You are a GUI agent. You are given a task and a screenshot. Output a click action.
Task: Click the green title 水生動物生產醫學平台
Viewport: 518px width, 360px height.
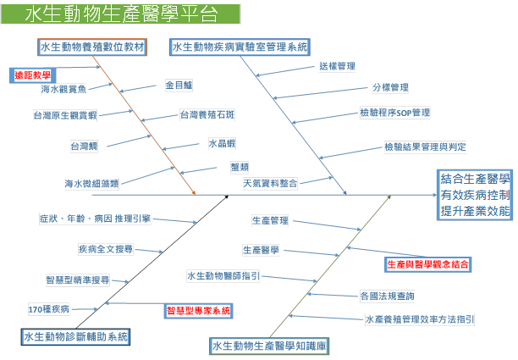[x=120, y=14]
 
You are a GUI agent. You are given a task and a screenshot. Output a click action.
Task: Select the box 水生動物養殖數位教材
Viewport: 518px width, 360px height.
[x=93, y=47]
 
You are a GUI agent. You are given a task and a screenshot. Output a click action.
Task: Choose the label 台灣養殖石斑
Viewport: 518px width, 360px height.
[x=207, y=114]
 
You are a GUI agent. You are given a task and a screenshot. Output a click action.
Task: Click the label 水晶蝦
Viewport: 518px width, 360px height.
[x=222, y=144]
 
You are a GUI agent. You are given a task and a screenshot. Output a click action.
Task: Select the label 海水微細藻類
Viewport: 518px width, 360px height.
[x=91, y=182]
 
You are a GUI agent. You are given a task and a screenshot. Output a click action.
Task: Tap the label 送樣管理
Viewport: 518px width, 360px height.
[x=337, y=65]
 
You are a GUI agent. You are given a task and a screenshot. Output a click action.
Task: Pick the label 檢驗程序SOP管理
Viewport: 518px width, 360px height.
[x=395, y=113]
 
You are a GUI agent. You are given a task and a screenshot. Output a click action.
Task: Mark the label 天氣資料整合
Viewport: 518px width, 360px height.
[x=271, y=182]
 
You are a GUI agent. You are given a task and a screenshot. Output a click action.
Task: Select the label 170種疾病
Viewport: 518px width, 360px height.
[x=49, y=309]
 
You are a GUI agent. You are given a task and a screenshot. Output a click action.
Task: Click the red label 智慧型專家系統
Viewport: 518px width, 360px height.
[x=197, y=311]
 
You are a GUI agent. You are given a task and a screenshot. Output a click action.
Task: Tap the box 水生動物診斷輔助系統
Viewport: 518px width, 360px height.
[x=77, y=337]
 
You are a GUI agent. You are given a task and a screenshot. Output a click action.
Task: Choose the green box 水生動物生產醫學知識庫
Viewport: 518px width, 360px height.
[x=270, y=346]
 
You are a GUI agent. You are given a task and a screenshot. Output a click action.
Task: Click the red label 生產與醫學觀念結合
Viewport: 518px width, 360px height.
[x=427, y=265]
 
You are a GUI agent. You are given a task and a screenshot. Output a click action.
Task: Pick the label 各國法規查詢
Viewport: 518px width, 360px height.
[x=387, y=296]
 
